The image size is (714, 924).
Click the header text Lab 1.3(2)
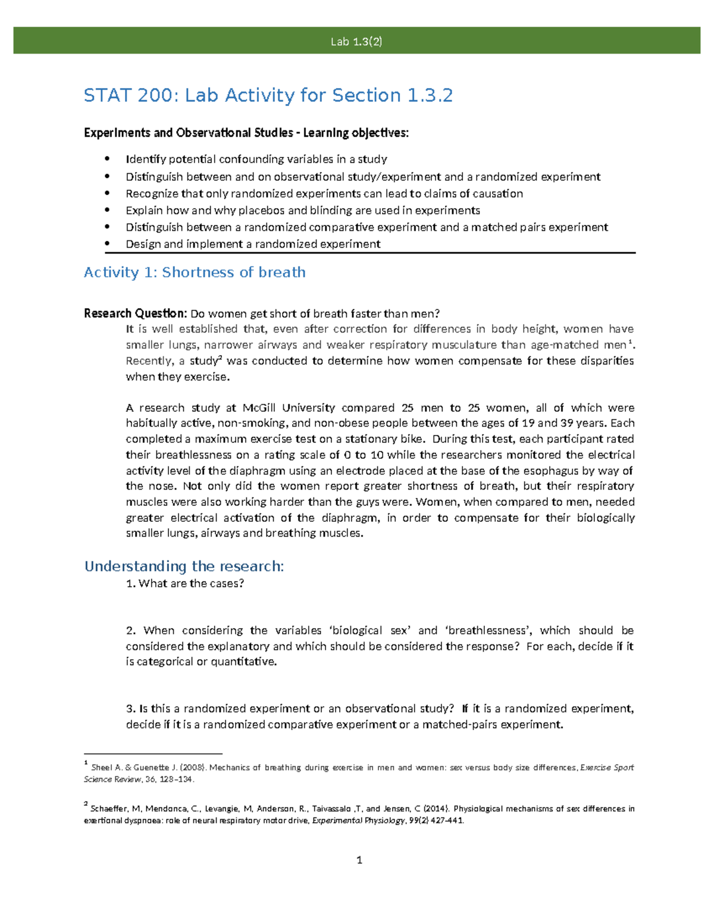pyautogui.click(x=356, y=41)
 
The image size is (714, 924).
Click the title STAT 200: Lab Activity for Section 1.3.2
pyautogui.click(x=268, y=95)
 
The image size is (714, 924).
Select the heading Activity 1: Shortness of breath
pyautogui.click(x=195, y=272)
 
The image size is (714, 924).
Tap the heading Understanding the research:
pyautogui.click(x=184, y=566)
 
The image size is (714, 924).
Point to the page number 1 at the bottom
pyautogui.click(x=359, y=860)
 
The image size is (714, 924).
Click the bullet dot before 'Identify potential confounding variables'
pyautogui.click(x=107, y=159)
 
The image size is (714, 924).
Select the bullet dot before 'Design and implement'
pyautogui.click(x=107, y=243)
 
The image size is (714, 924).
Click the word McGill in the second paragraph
pyautogui.click(x=259, y=408)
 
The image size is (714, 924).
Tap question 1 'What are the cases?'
pyautogui.click(x=185, y=583)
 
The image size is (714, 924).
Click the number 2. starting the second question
pyautogui.click(x=131, y=630)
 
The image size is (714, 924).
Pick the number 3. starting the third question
pyautogui.click(x=131, y=709)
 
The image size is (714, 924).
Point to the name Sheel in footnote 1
pyautogui.click(x=102, y=768)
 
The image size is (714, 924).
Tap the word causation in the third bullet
pyautogui.click(x=497, y=193)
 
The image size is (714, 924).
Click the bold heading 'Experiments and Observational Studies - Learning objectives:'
pyautogui.click(x=246, y=133)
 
